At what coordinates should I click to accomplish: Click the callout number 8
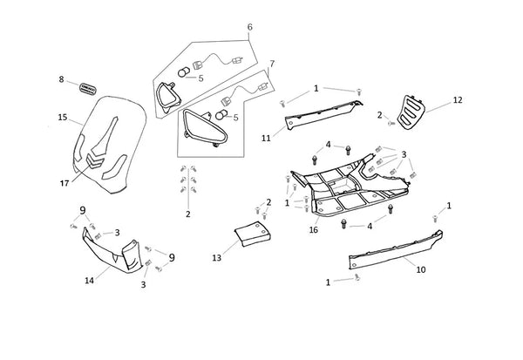coord(62,79)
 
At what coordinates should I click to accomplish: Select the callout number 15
coord(62,117)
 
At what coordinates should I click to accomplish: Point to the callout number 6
coord(249,27)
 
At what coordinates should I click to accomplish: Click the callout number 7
coord(272,64)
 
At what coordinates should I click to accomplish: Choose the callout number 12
coord(458,100)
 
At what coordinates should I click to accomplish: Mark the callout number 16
coord(314,230)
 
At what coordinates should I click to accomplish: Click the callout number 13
coord(217,259)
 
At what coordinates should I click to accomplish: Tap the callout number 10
coord(420,269)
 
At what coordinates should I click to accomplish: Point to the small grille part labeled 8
coord(88,86)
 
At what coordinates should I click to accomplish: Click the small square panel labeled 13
coord(252,235)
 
